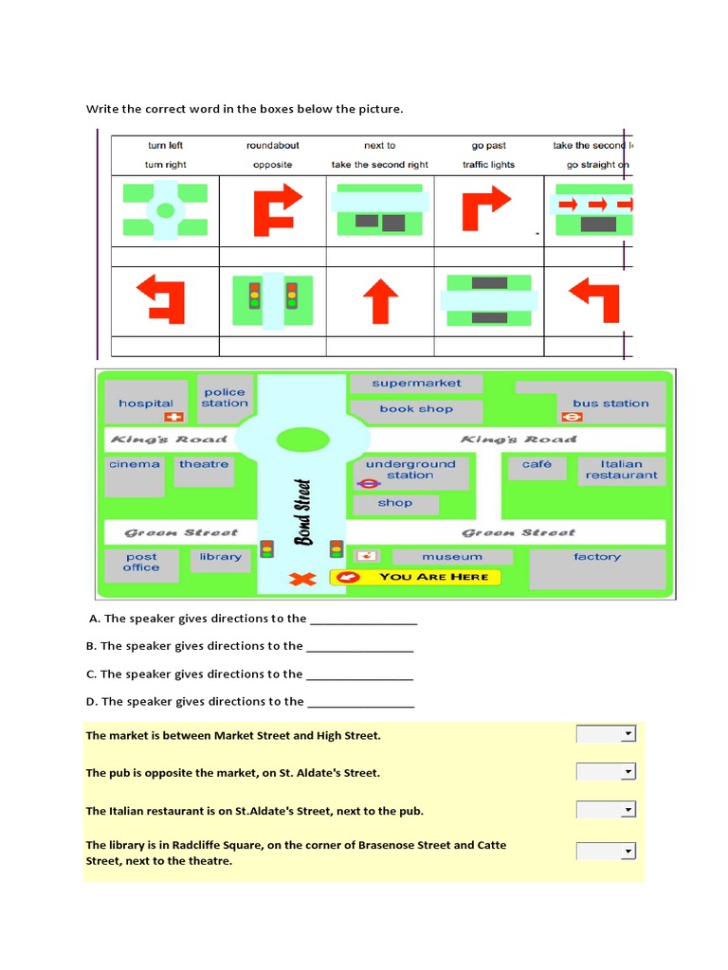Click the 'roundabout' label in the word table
pos(273,145)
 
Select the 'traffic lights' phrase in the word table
pos(488,164)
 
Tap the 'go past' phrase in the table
pos(488,145)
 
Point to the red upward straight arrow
pos(380,300)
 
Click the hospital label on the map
pos(146,403)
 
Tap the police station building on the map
pos(225,398)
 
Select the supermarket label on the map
pos(416,383)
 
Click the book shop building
pos(416,409)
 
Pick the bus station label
pos(610,403)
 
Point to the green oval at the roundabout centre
pos(302,440)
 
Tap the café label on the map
pos(537,464)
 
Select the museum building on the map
pos(452,557)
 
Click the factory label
pos(597,557)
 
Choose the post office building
pos(141,563)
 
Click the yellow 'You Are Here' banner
pos(415,576)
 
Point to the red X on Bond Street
pos(302,578)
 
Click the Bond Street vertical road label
pos(302,512)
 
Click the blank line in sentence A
pos(364,620)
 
